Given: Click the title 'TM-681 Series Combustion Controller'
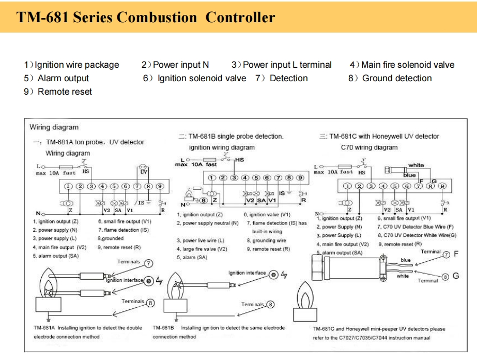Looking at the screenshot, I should point(146,17).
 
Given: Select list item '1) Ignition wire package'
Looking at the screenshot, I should point(71,65).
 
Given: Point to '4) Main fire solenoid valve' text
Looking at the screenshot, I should point(402,65).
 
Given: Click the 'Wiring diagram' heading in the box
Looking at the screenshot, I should point(54,127).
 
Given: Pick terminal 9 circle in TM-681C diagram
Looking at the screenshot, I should point(442,186).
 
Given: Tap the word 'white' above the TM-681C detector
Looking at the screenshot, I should point(416,166).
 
